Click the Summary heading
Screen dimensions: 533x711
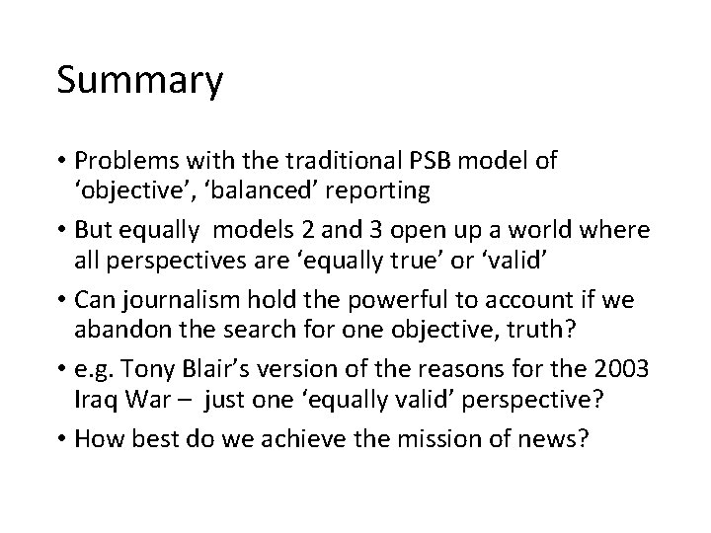pyautogui.click(x=139, y=82)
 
